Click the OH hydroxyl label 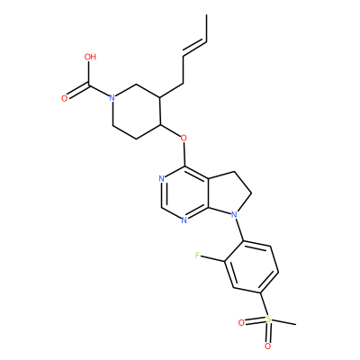pyautogui.click(x=90, y=57)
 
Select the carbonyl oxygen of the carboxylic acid pyautogui.click(x=65, y=98)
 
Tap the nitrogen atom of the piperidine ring pyautogui.click(x=112, y=98)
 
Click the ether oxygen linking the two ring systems pyautogui.click(x=184, y=139)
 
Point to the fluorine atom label pyautogui.click(x=197, y=256)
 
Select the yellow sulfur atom pyautogui.click(x=268, y=319)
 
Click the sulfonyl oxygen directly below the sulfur pyautogui.click(x=267, y=346)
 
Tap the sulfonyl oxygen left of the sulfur pyautogui.click(x=241, y=323)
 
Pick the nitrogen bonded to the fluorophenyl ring pyautogui.click(x=234, y=215)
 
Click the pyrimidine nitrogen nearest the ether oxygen pyautogui.click(x=162, y=179)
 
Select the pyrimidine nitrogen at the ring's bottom pyautogui.click(x=184, y=220)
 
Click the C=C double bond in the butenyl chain pyautogui.click(x=194, y=48)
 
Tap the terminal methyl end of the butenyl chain pyautogui.click(x=207, y=14)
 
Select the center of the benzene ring pyautogui.click(x=252, y=266)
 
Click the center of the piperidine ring pyautogui.click(x=137, y=112)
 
